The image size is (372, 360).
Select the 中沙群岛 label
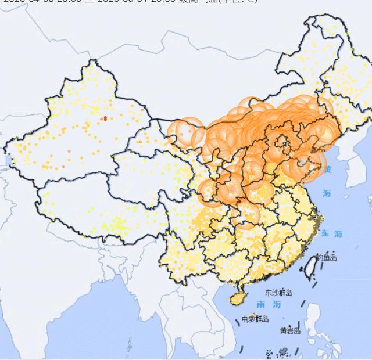coord(256,319)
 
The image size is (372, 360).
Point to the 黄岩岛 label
coord(290,330)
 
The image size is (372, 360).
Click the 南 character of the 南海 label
coord(261,304)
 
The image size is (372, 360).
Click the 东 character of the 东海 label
coord(324,233)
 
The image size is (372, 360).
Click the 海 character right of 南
coord(277,304)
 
